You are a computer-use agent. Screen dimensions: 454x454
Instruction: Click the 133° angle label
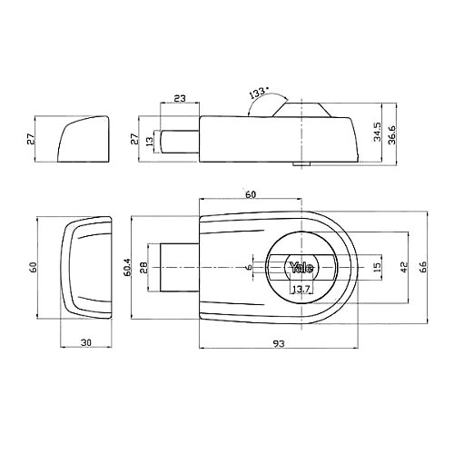[259, 94]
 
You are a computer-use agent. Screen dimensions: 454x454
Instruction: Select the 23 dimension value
[179, 98]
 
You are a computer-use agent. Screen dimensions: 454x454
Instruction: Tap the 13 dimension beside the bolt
[150, 142]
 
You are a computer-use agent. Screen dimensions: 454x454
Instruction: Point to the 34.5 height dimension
[377, 132]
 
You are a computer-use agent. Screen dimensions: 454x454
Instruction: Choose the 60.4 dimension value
[126, 267]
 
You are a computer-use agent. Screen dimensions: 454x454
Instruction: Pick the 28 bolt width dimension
[144, 268]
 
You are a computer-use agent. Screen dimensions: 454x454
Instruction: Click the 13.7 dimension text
[301, 290]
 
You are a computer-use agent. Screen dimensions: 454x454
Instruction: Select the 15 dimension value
[377, 267]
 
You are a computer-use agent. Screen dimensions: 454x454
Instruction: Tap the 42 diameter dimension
[404, 267]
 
